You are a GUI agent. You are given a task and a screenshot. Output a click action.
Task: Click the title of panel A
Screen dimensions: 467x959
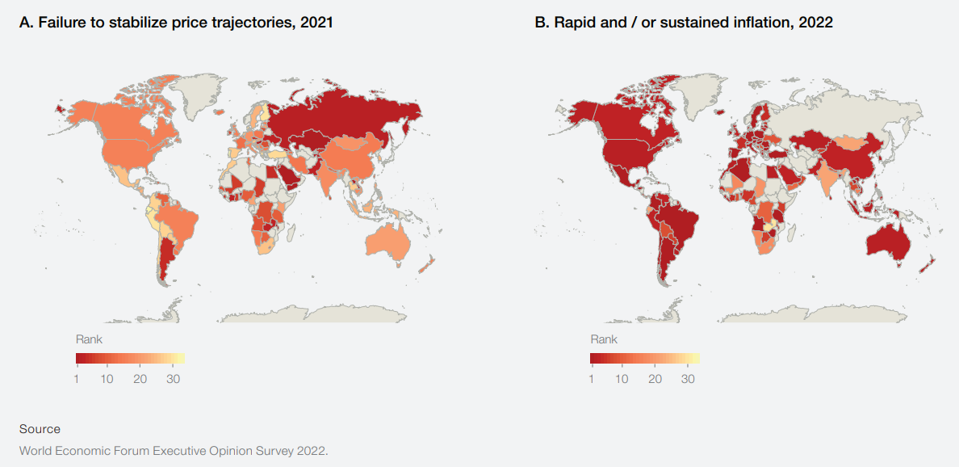(176, 23)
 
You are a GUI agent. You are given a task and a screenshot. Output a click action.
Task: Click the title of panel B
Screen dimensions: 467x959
(684, 23)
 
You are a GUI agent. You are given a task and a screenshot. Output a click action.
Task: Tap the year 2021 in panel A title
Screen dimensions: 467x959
(316, 23)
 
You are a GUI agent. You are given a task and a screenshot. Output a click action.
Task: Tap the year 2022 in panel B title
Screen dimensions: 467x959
(815, 23)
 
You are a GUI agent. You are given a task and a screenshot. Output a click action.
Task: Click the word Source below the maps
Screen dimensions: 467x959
(40, 429)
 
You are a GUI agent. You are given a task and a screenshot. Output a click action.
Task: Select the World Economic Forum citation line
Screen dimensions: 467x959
(174, 450)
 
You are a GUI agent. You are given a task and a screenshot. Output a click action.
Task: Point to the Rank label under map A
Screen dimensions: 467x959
(89, 339)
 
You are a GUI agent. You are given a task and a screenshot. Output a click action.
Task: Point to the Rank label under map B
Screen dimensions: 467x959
(604, 339)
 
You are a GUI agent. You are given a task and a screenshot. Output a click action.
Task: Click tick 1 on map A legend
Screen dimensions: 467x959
(77, 379)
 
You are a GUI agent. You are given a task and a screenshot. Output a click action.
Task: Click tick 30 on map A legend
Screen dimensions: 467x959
(171, 379)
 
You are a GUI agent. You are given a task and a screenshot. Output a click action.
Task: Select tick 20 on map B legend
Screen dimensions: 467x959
(655, 379)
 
